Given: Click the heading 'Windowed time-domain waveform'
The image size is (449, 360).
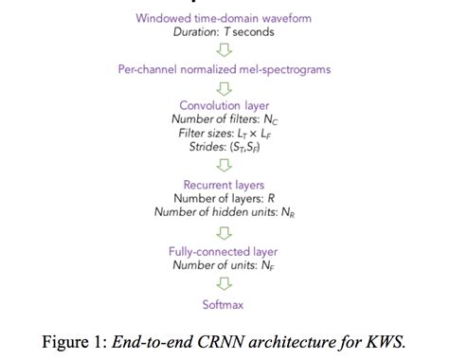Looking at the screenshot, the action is [224, 18].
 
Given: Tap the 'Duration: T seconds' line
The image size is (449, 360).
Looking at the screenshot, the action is [224, 33].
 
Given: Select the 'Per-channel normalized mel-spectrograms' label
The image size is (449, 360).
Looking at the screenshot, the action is [224, 70].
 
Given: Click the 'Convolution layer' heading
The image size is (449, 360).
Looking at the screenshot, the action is [224, 105].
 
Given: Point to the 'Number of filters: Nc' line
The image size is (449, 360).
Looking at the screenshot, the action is [224, 119].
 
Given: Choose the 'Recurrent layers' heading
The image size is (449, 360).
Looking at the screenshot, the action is [224, 184].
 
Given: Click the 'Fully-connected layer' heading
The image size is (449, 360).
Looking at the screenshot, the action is [224, 251].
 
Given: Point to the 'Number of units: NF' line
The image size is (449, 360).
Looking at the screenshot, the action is [224, 265].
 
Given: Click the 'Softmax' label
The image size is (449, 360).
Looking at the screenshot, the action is [224, 304].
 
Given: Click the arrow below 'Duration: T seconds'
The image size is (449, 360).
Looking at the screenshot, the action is [224, 51].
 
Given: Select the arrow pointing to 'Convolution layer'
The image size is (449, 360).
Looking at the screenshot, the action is [224, 88].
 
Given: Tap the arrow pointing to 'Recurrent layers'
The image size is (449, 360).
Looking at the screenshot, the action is [224, 166].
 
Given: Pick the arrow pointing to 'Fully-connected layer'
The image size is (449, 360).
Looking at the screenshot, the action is [224, 232].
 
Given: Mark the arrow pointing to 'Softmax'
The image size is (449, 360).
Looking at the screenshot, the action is [224, 284].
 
